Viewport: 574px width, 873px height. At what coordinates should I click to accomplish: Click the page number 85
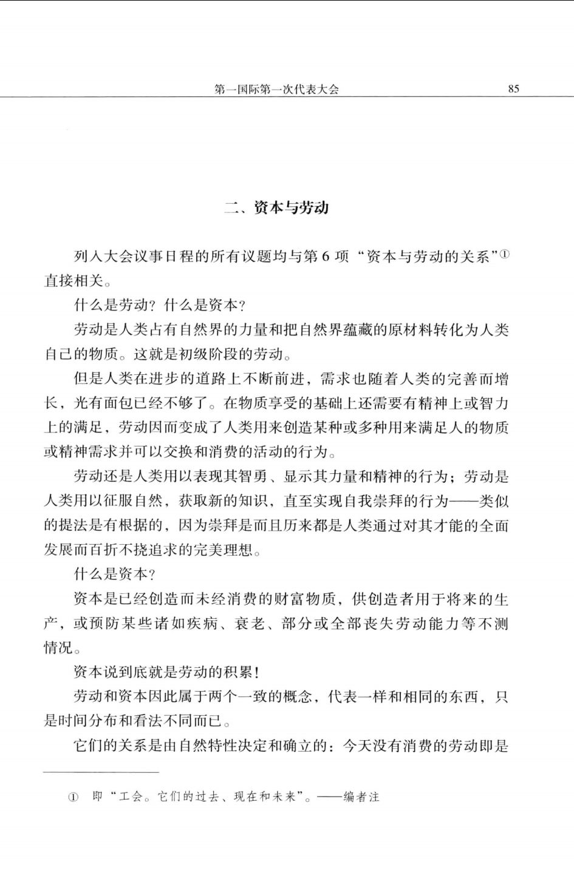click(513, 89)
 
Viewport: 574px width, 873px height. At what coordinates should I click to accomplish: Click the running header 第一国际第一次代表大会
click(276, 89)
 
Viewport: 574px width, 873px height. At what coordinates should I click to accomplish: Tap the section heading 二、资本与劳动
click(276, 207)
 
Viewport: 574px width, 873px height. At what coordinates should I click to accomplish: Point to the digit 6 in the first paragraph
click(324, 256)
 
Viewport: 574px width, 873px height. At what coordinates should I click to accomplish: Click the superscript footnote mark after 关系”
click(505, 254)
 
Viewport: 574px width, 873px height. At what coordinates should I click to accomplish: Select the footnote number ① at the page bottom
click(73, 797)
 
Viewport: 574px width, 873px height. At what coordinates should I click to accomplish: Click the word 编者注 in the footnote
click(361, 797)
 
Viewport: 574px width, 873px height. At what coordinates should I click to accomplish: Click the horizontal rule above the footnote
click(101, 772)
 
